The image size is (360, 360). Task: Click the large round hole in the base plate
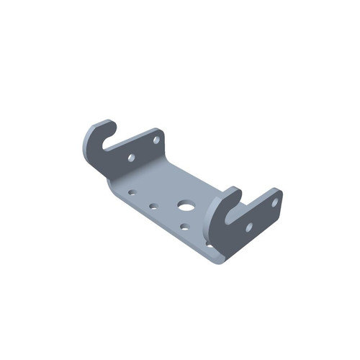tap(186, 206)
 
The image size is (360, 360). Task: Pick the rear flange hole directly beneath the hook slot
tap(131, 156)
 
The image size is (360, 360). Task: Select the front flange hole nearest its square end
tap(274, 202)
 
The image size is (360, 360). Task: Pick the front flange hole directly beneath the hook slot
tap(248, 227)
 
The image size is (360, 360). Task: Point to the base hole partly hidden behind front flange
tap(210, 243)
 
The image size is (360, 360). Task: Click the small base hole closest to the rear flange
tap(132, 192)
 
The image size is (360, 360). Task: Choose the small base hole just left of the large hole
tap(153, 206)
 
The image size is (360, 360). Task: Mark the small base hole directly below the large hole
tap(184, 227)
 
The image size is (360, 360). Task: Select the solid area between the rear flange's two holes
tap(144, 148)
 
